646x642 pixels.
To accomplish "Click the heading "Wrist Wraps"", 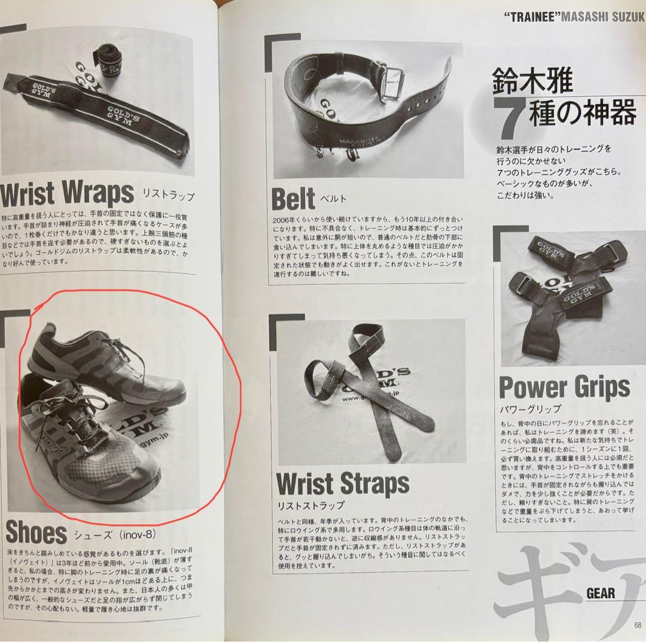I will (67, 193).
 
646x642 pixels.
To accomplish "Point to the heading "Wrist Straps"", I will (343, 483).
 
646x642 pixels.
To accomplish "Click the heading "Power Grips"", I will (564, 387).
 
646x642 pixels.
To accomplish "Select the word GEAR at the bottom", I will (601, 593).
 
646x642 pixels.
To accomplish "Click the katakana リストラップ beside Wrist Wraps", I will (168, 196).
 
